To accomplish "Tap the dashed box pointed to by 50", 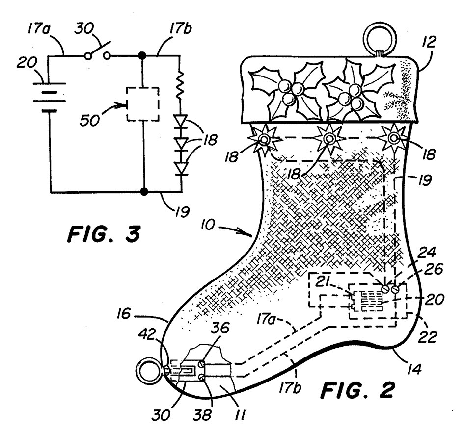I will (142, 103).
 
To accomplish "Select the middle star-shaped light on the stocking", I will (328, 139).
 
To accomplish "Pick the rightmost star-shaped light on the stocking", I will (394, 139).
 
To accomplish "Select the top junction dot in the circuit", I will (142, 55).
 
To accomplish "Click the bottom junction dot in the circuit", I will (142, 191).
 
